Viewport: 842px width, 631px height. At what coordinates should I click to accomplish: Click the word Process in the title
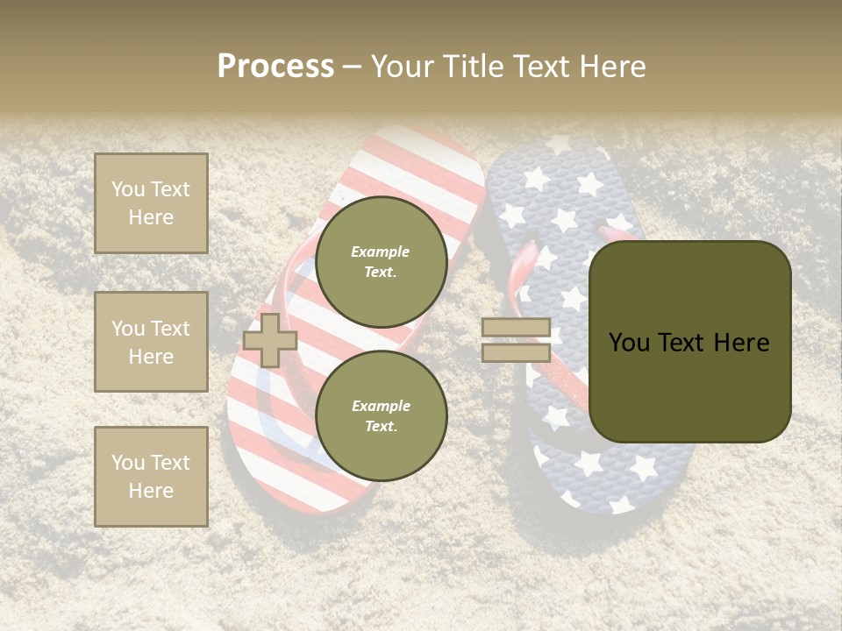coord(275,67)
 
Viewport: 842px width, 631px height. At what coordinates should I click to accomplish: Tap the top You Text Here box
coord(151,203)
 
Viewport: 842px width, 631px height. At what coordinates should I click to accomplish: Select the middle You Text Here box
coord(151,342)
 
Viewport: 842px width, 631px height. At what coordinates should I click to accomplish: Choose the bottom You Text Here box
coord(151,477)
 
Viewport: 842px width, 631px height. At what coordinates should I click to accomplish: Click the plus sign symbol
coord(270,340)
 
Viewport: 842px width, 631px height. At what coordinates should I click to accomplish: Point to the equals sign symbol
coord(516,340)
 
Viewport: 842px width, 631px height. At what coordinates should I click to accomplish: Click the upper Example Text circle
coord(381,261)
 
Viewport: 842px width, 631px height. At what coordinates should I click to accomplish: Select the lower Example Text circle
coord(381,415)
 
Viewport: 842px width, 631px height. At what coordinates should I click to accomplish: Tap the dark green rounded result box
coord(689,342)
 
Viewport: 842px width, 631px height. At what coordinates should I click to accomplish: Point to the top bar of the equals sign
coord(516,328)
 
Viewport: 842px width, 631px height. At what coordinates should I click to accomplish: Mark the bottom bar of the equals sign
coord(516,353)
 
